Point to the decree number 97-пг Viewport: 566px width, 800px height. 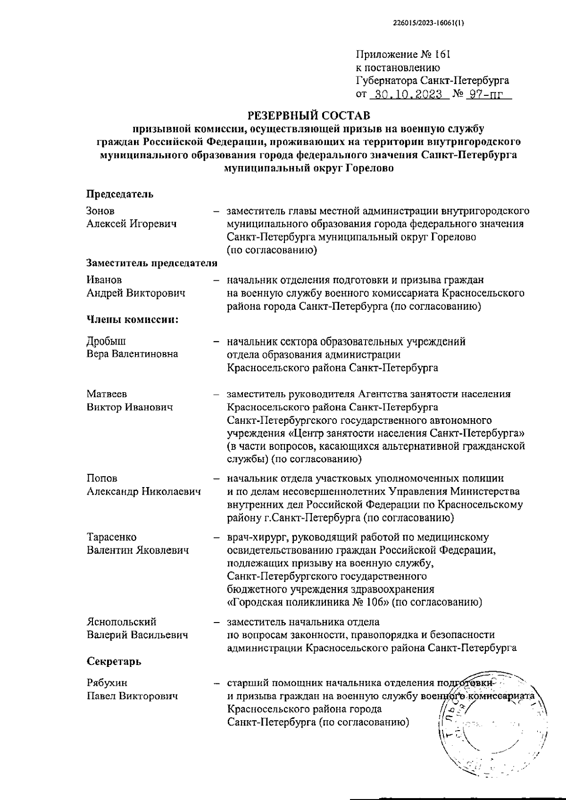[x=484, y=94]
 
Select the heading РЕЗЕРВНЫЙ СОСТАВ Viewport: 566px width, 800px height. [x=309, y=115]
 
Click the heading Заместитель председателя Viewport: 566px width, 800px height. [x=152, y=263]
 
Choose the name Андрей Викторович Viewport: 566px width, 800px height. [x=136, y=293]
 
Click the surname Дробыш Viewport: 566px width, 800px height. [x=107, y=341]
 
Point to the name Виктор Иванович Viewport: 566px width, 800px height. [x=130, y=407]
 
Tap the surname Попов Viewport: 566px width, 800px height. [x=102, y=479]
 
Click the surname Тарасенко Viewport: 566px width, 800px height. [x=112, y=537]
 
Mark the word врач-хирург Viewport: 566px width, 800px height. [x=253, y=537]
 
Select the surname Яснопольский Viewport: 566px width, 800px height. [x=122, y=622]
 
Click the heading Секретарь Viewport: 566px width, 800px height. [x=114, y=662]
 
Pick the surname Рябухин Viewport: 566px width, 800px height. [x=107, y=683]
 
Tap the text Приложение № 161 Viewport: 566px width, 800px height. [x=403, y=54]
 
